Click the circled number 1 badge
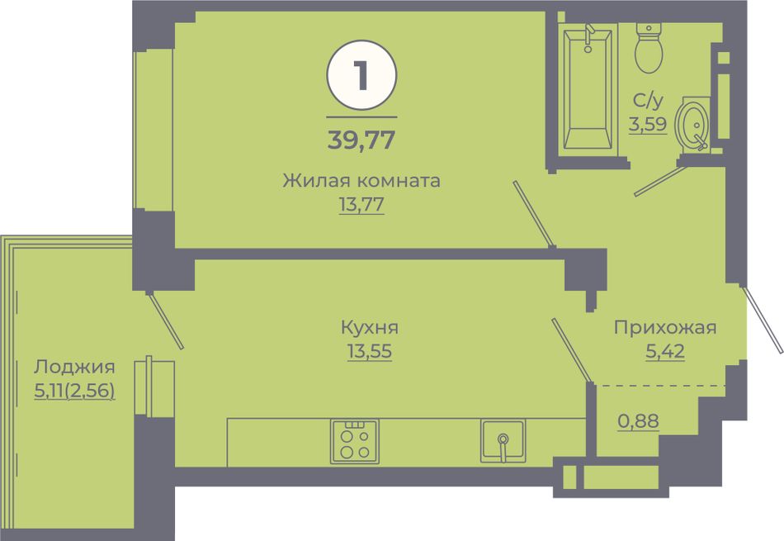[x=361, y=75]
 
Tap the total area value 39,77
[x=361, y=140]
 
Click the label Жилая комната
[x=361, y=180]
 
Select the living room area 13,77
[x=361, y=204]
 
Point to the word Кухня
[x=370, y=328]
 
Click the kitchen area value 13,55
[x=370, y=351]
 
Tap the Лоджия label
[x=74, y=368]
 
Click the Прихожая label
[x=665, y=328]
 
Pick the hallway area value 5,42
[x=665, y=351]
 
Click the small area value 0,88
[x=639, y=421]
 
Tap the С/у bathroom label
[x=648, y=101]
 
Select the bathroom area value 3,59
[x=648, y=124]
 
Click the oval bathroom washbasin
[x=692, y=124]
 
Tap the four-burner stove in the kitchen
[x=354, y=441]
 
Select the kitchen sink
[x=503, y=441]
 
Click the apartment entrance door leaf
[x=762, y=319]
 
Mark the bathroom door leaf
[x=660, y=181]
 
